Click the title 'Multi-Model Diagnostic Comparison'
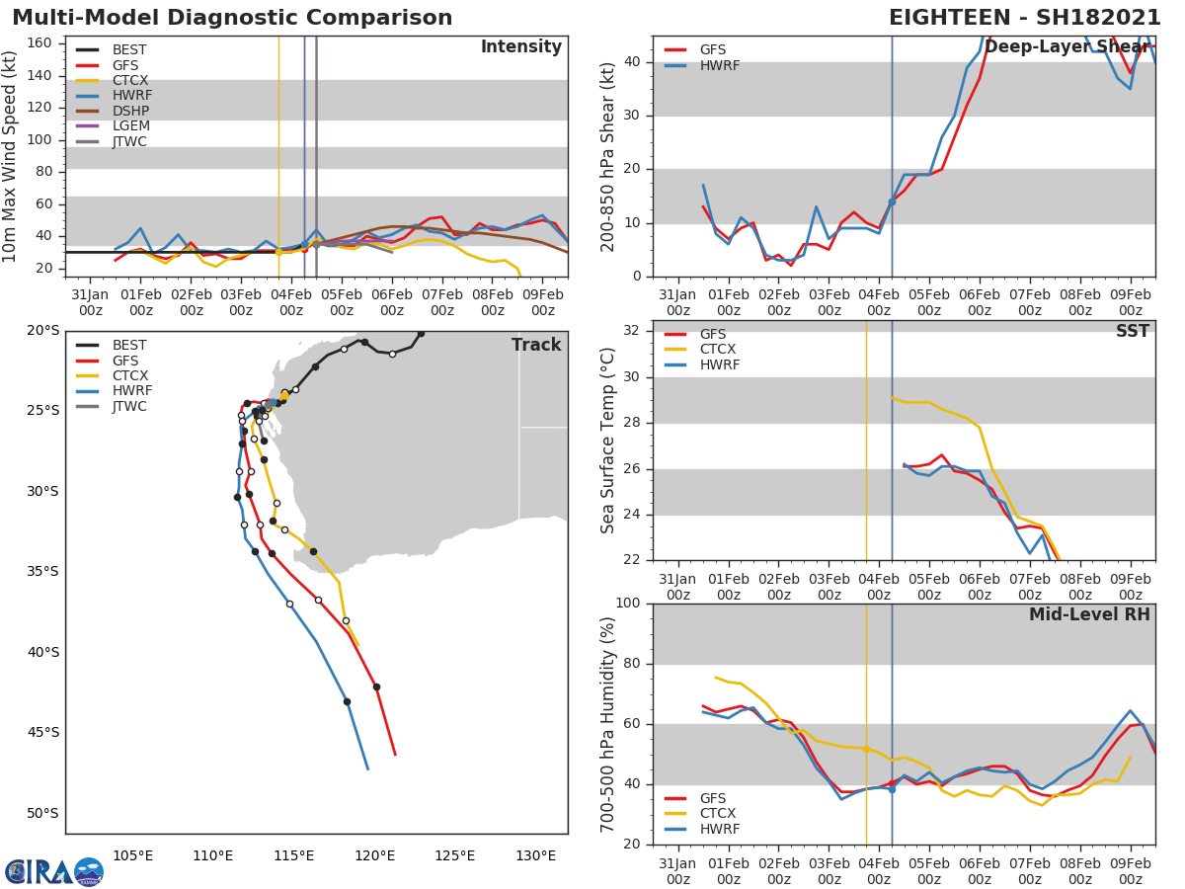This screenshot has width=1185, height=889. [232, 18]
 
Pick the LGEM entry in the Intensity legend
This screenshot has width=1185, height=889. [130, 126]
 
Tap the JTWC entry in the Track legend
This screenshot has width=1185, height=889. [130, 406]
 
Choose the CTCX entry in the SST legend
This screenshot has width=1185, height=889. [718, 350]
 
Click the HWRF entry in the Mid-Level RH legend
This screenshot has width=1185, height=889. [719, 829]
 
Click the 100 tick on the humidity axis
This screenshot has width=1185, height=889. [629, 604]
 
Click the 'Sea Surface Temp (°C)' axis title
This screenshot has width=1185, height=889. [608, 440]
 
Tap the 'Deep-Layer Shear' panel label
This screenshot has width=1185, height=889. [1066, 47]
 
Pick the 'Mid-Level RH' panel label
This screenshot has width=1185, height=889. [1089, 614]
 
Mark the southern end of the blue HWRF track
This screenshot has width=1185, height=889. [367, 769]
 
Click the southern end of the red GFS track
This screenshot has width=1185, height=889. [395, 755]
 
